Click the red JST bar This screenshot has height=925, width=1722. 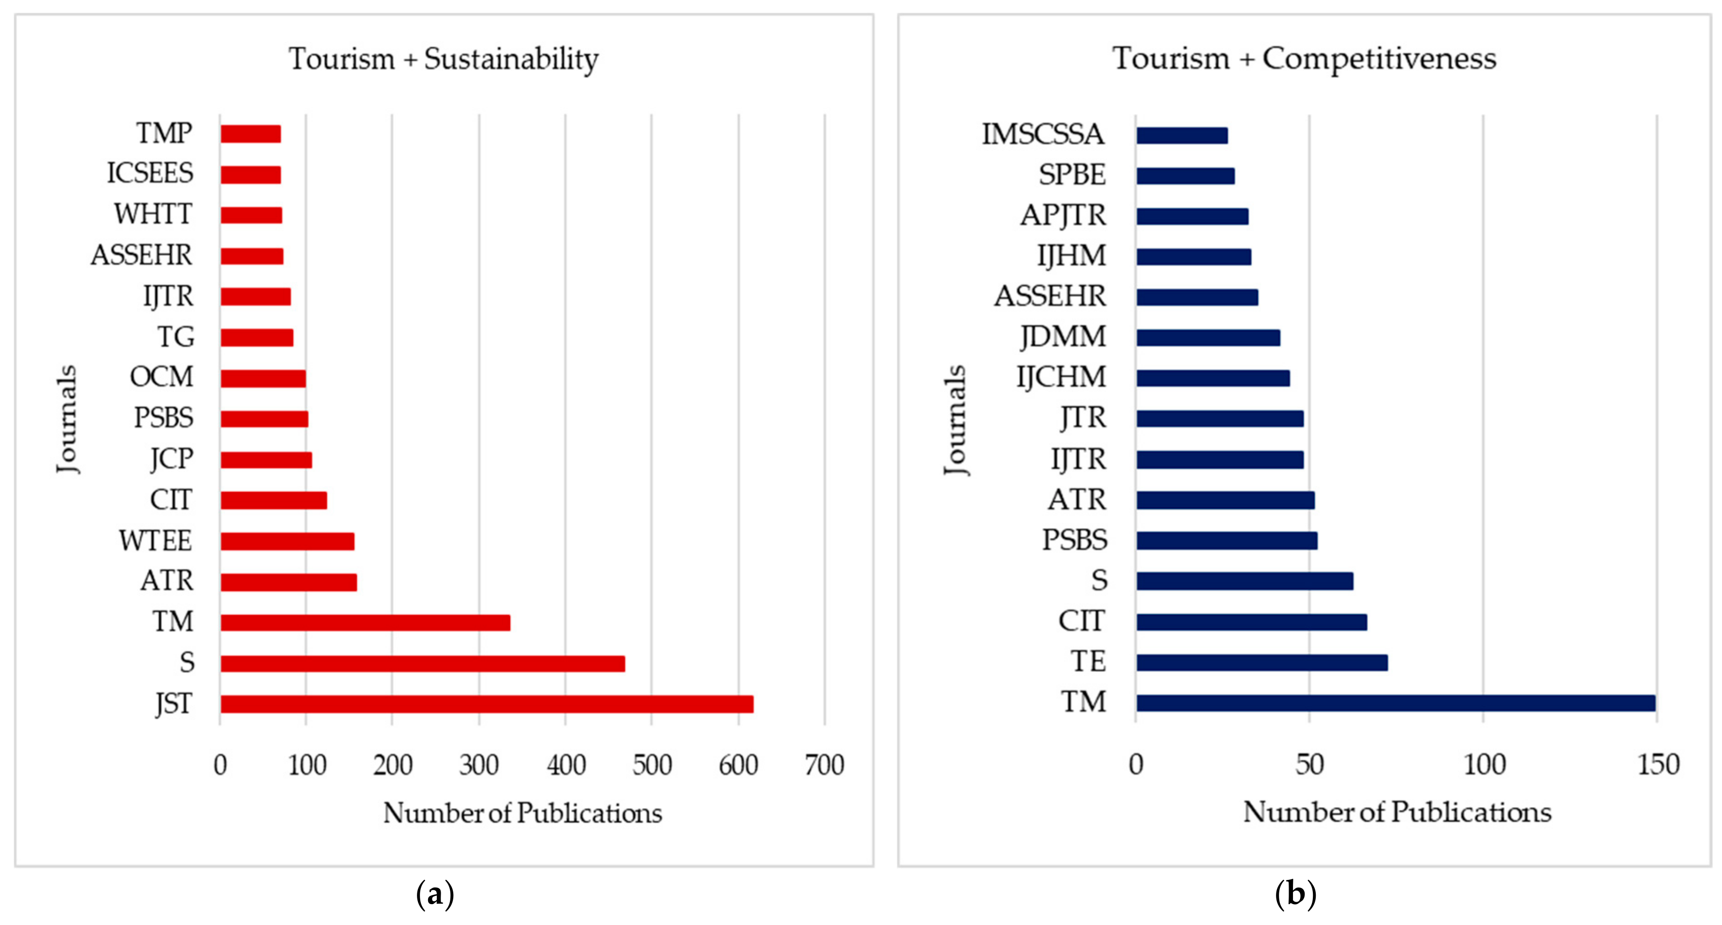pos(487,704)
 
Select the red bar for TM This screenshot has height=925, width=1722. pos(365,622)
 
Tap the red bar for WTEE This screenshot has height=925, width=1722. pos(287,541)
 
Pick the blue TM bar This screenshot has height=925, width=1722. pos(1395,702)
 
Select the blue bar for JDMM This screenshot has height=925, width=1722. pos(1208,337)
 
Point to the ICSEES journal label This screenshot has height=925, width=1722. pos(150,173)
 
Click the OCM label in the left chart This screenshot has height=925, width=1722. pos(161,377)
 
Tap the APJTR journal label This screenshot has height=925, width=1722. pos(1062,216)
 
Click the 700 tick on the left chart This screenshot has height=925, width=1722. pos(824,765)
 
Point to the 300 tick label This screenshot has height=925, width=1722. pos(478,765)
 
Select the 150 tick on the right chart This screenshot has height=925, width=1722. pos(1658,764)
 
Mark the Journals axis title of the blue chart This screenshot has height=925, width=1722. pos(955,420)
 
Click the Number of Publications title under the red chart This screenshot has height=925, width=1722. pos(522,813)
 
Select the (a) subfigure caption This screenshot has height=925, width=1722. pos(435,893)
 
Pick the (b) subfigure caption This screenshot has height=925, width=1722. pos(1295,893)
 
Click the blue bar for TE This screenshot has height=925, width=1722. pos(1261,662)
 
